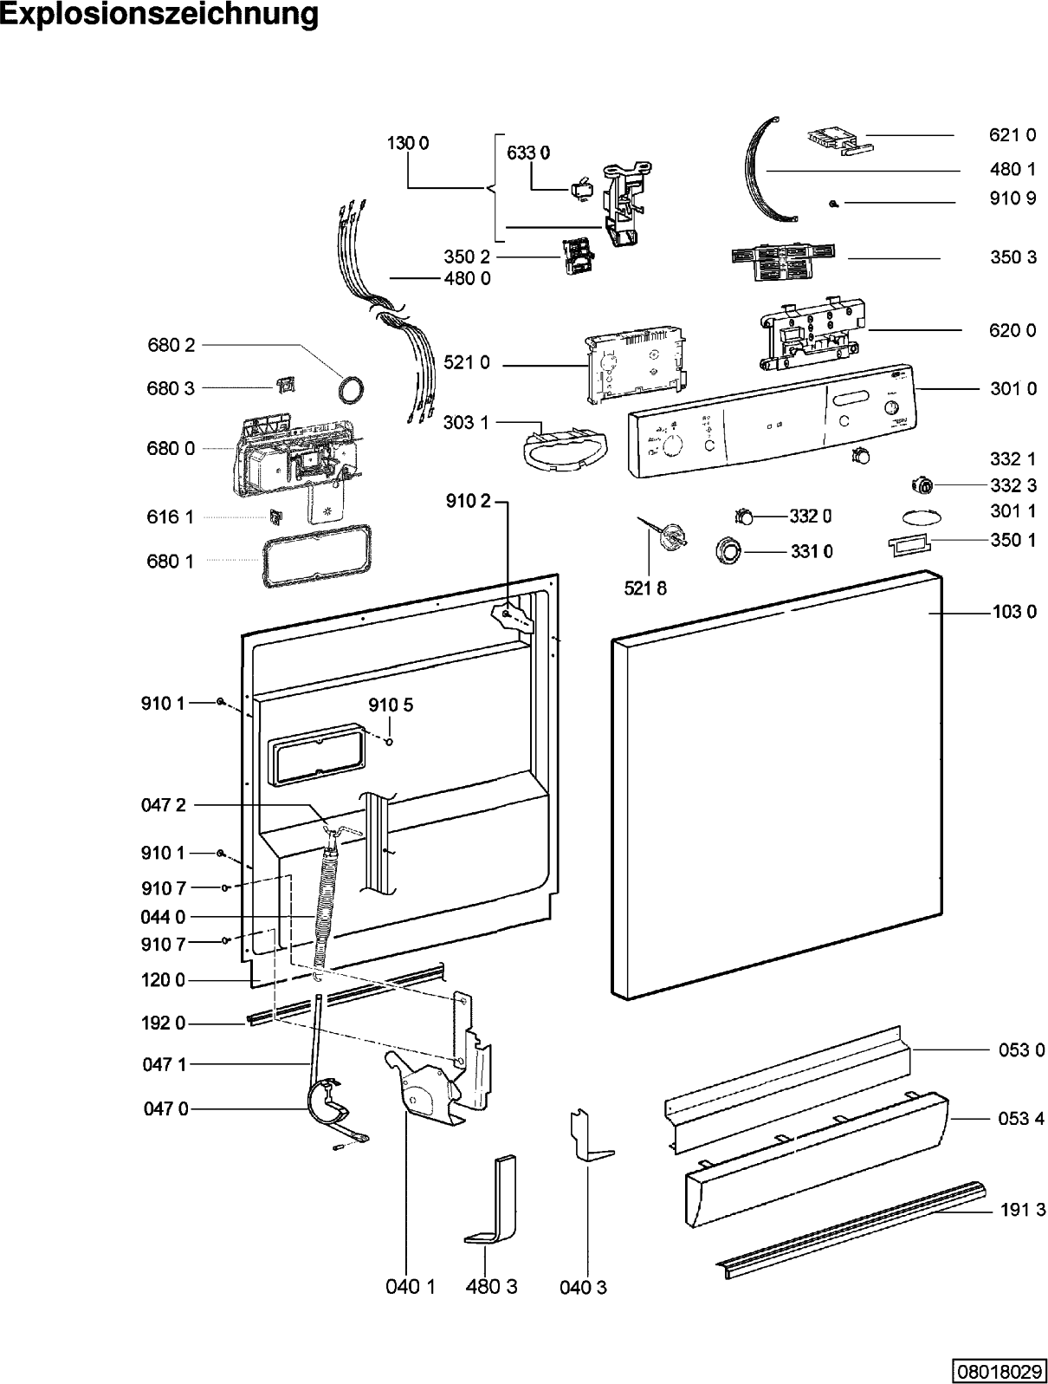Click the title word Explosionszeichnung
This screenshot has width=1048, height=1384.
click(158, 15)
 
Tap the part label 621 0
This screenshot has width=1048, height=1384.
click(1012, 135)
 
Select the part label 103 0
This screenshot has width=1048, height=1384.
click(1014, 612)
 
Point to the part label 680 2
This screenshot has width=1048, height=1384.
click(171, 345)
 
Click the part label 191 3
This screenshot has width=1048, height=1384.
click(1023, 1209)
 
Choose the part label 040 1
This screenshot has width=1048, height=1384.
click(411, 1287)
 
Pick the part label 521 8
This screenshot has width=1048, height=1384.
click(645, 588)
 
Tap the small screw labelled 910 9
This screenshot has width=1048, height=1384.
click(834, 204)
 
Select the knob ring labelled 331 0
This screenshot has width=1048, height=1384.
click(729, 551)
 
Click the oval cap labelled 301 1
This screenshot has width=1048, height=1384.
click(922, 517)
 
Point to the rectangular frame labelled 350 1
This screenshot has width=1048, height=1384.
click(909, 544)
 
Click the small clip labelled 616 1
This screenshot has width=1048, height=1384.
click(275, 516)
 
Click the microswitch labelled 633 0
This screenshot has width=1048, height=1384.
click(579, 189)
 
